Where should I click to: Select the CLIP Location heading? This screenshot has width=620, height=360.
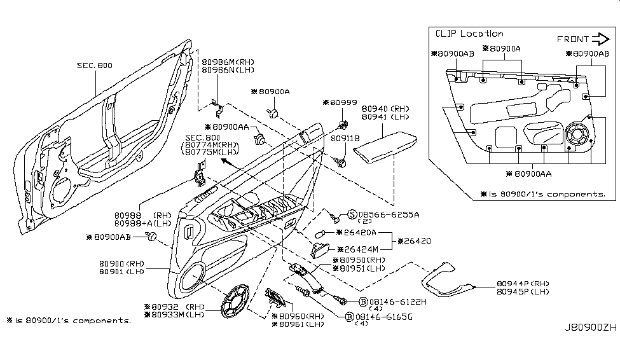pyautogui.click(x=469, y=34)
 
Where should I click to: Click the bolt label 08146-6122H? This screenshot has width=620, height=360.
pyautogui.click(x=399, y=301)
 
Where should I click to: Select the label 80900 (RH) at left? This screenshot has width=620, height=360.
pyautogui.click(x=121, y=263)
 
